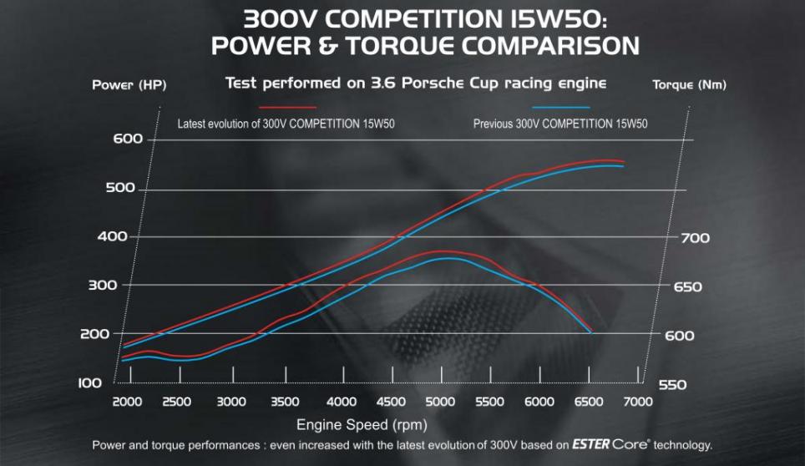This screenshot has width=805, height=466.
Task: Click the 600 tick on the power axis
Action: tap(129, 139)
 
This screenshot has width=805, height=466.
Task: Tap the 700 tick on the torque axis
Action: tap(693, 238)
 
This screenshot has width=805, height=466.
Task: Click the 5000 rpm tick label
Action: tap(439, 402)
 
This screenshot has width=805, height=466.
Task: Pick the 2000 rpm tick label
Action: tap(127, 402)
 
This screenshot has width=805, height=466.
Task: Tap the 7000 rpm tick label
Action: tap(637, 402)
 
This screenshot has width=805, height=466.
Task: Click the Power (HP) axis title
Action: tap(129, 85)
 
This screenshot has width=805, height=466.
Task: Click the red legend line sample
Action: tap(288, 107)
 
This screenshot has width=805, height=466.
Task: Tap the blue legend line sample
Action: tap(560, 107)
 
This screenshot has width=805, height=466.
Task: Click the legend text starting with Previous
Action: tap(560, 124)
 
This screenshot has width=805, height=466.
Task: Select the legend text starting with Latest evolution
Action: tap(286, 124)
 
